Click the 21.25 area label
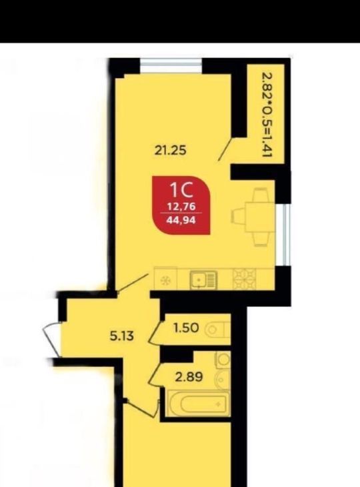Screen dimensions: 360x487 pyautogui.click(x=171, y=151)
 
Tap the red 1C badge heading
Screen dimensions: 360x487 pyautogui.click(x=181, y=190)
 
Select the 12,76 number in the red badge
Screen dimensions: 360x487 pyautogui.click(x=181, y=206)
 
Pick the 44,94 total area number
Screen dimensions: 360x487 pyautogui.click(x=181, y=220)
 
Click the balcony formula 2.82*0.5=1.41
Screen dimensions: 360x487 pyautogui.click(x=267, y=115)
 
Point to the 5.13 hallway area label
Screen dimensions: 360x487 pyautogui.click(x=121, y=336)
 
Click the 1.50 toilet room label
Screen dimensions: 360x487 pyautogui.click(x=186, y=328)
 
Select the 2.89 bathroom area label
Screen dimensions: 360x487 pyautogui.click(x=189, y=377)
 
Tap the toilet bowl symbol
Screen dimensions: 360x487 pyautogui.click(x=217, y=329)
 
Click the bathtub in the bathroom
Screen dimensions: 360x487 pyautogui.click(x=197, y=403)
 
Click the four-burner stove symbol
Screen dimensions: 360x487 pyautogui.click(x=245, y=280)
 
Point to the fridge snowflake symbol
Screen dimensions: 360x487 pyautogui.click(x=165, y=281)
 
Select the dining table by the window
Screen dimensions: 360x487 pyautogui.click(x=253, y=217)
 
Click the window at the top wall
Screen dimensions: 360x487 pyautogui.click(x=171, y=66)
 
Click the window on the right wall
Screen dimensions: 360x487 pyautogui.click(x=287, y=235)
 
